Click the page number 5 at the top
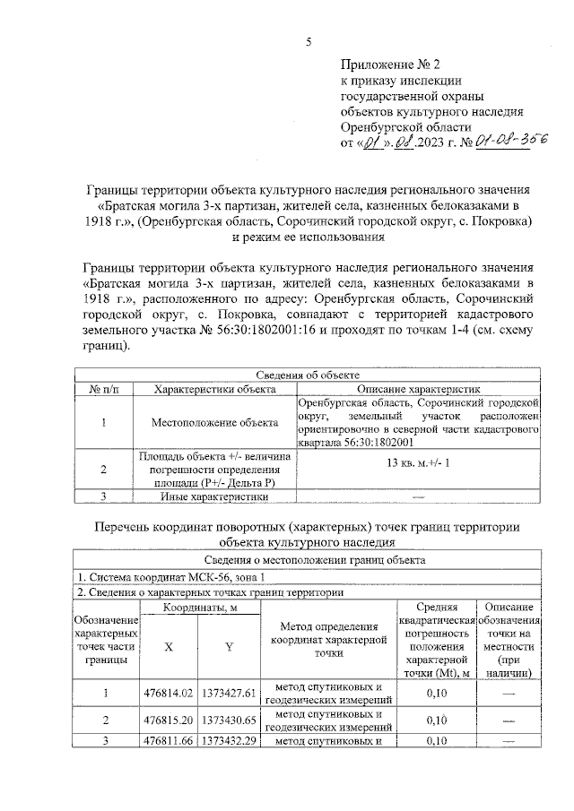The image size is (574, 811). [x=309, y=43]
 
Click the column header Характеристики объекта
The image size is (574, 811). [x=214, y=390]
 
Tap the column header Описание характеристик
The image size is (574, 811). [x=420, y=390]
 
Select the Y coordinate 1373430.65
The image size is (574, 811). [x=230, y=720]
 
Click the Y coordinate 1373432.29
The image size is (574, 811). [x=230, y=740]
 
